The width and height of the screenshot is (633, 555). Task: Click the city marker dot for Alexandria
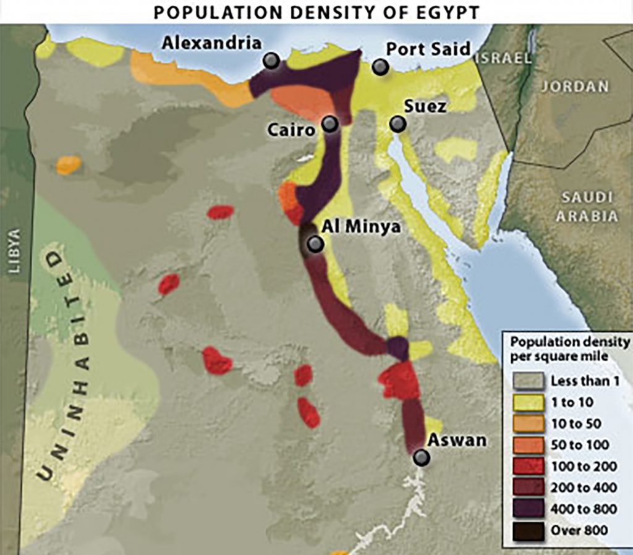pyautogui.click(x=271, y=61)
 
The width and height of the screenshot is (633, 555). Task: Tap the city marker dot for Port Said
pyautogui.click(x=381, y=67)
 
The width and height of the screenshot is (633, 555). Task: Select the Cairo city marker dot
pyautogui.click(x=330, y=124)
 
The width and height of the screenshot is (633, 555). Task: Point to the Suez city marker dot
pyautogui.click(x=398, y=124)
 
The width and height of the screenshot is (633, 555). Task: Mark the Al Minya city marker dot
pyautogui.click(x=315, y=244)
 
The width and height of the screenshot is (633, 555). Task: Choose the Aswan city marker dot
pyautogui.click(x=422, y=457)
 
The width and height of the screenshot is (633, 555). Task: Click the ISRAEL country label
pyautogui.click(x=504, y=58)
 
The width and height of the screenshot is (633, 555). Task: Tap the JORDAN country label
pyautogui.click(x=575, y=87)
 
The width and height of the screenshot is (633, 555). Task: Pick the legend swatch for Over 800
pyautogui.click(x=529, y=530)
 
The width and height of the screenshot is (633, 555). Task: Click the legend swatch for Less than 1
pyautogui.click(x=529, y=381)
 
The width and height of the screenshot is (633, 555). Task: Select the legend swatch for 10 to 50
pyautogui.click(x=529, y=423)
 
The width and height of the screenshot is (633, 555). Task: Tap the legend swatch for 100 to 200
pyautogui.click(x=529, y=466)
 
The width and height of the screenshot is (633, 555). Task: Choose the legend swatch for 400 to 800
pyautogui.click(x=529, y=509)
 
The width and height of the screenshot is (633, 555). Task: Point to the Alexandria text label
pyautogui.click(x=211, y=43)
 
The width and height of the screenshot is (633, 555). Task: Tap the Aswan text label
pyautogui.click(x=457, y=441)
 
